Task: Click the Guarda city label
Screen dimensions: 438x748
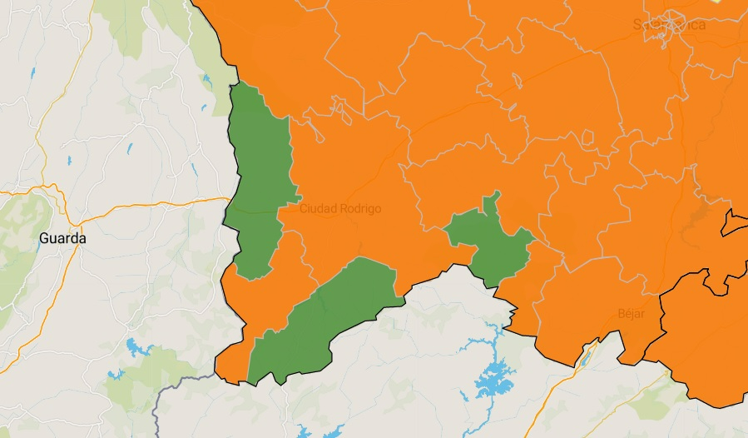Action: coord(62,238)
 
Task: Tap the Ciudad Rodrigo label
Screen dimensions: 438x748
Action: coord(339,208)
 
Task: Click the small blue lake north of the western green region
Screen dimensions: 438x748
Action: coord(206,81)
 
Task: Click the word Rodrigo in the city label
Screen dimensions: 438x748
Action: coord(360,208)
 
